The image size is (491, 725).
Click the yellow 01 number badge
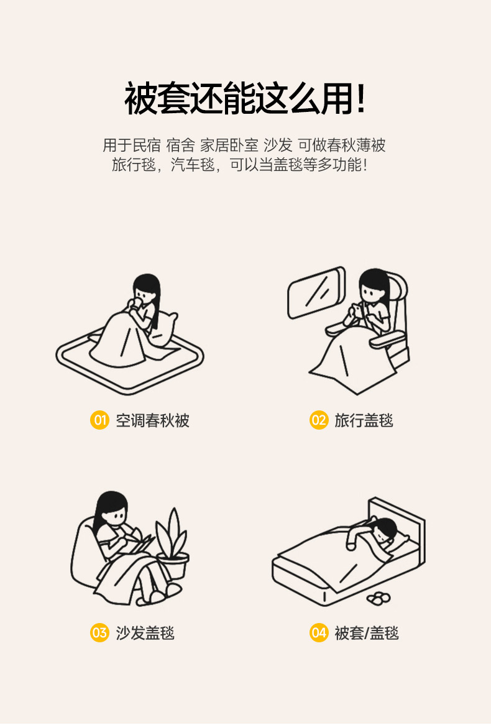point(99,420)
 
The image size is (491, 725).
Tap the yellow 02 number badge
point(319,420)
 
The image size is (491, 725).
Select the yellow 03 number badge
point(99,632)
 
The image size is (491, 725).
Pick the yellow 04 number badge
point(319,632)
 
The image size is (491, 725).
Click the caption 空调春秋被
point(152,420)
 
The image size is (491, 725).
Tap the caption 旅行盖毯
point(364,420)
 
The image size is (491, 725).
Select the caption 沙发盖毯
point(145,632)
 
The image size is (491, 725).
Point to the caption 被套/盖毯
point(367,632)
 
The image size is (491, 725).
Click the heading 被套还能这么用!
point(245,98)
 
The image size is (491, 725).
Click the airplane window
point(317,293)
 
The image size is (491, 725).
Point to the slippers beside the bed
point(379,598)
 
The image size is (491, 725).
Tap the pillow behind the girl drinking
point(164,328)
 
